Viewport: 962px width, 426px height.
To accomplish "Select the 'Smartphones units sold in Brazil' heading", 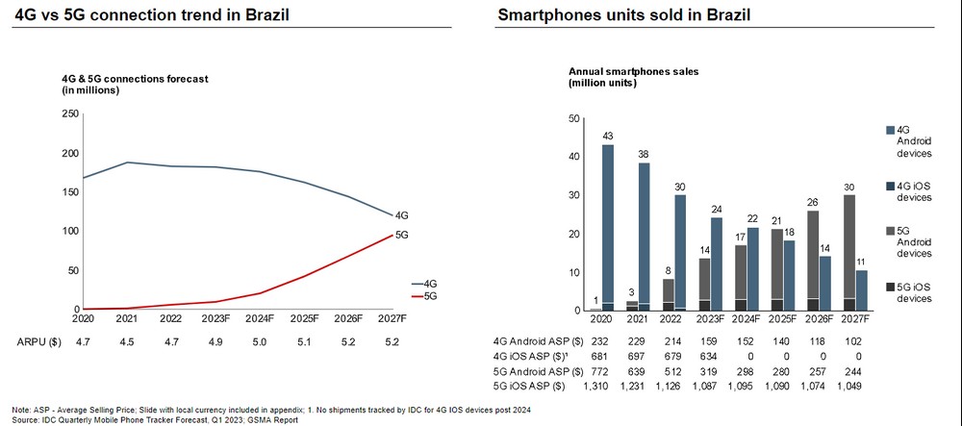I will (624, 16).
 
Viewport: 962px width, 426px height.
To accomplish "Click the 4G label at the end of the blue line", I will (402, 215).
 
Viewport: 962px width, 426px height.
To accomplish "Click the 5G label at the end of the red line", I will (402, 235).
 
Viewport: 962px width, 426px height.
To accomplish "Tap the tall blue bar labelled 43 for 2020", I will (608, 227).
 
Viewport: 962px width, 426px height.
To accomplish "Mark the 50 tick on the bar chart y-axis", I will (575, 118).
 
